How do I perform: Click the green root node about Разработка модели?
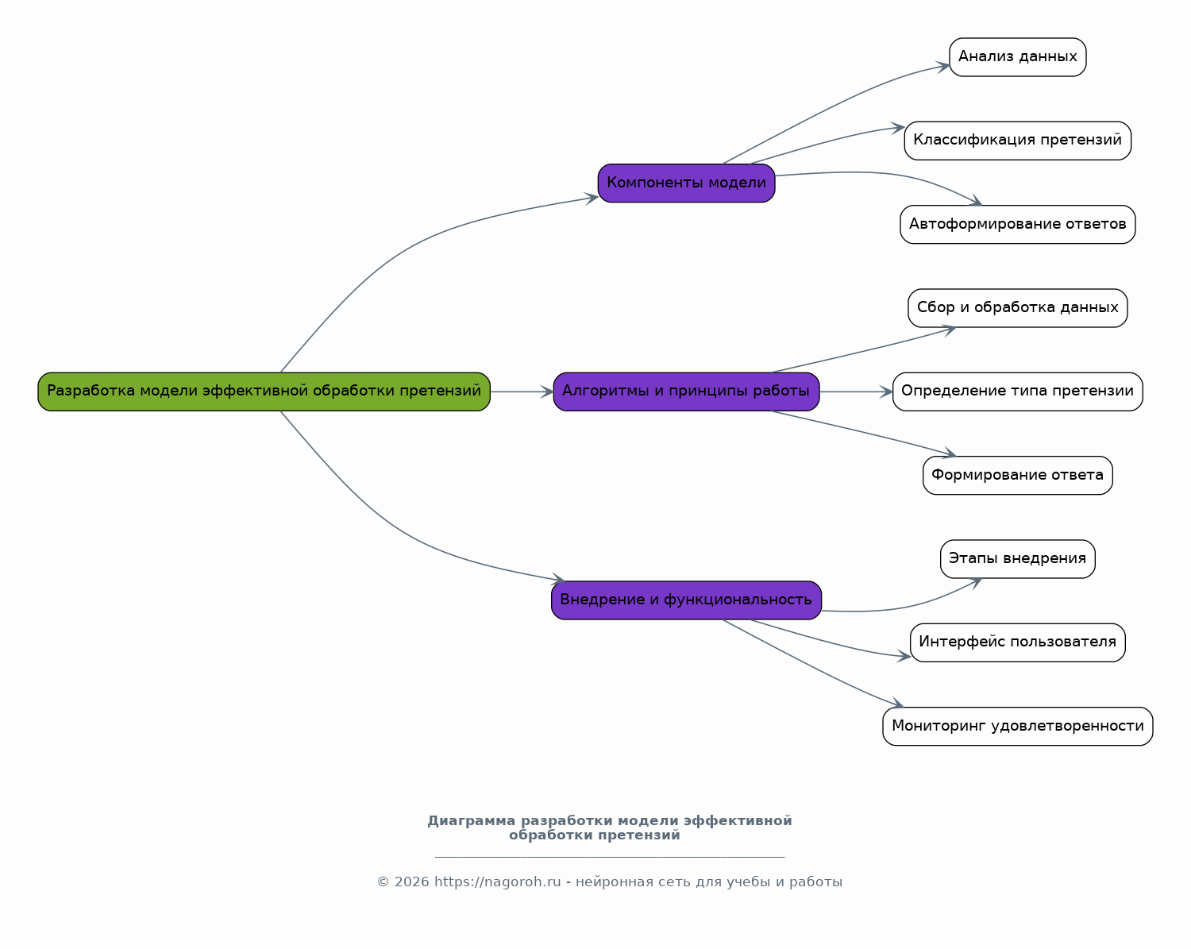(264, 392)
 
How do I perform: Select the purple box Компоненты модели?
(686, 183)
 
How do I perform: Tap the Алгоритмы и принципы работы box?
(686, 392)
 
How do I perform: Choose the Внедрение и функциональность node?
(686, 600)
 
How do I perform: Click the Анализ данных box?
(1017, 57)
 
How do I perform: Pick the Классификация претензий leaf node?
(1017, 141)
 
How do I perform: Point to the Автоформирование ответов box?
(1017, 225)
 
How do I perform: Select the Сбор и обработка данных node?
(1017, 308)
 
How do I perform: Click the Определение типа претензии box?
(1017, 392)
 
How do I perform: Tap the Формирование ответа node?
(1017, 475)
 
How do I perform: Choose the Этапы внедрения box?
(1017, 559)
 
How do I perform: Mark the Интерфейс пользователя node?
(1017, 642)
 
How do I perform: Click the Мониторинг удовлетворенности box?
(1017, 726)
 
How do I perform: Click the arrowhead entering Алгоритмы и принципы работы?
(547, 392)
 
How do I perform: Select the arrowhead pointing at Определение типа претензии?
(886, 392)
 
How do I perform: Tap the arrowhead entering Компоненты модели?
(592, 198)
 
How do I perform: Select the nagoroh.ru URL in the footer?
(497, 882)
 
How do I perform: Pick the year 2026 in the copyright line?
(411, 882)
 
